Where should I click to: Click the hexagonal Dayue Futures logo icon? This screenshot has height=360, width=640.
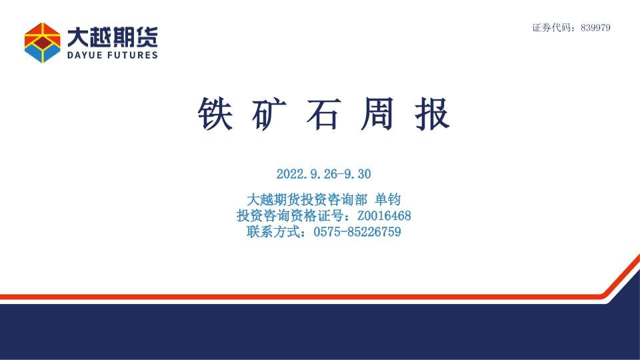coord(43,43)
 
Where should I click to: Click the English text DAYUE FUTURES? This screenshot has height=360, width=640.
coord(112,55)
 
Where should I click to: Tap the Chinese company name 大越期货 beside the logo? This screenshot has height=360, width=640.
coord(112,37)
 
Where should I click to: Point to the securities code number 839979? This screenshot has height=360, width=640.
coord(595,28)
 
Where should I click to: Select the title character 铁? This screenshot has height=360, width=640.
coord(215,114)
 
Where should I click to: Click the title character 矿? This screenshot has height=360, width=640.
coord(269,114)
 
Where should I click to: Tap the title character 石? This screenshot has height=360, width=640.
coord(324,114)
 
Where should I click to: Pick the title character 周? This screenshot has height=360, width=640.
coord(377,114)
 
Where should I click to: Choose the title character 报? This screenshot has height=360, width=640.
coord(432,114)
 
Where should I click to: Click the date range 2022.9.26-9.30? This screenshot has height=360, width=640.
coord(324,174)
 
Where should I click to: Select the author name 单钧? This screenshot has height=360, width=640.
coord(388,199)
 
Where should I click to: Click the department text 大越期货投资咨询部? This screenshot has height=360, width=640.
coord(307,199)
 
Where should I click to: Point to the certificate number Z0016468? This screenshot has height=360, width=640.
coord(384,215)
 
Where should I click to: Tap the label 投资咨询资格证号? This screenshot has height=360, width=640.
coord(290,215)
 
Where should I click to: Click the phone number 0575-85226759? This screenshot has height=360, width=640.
coord(357,232)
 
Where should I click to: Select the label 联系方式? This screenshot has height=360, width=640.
coord(273,232)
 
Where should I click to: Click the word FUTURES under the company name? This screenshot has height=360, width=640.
coord(133,55)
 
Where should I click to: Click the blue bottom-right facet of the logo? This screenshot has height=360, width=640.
coord(51,52)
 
